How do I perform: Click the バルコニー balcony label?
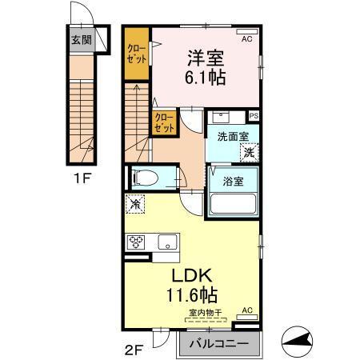pos(218,345)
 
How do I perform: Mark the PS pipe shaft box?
pos(254,115)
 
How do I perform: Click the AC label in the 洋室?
pos(246,37)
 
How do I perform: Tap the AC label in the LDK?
pos(246,310)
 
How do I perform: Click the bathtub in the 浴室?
pos(232,204)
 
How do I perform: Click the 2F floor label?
pos(133,348)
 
